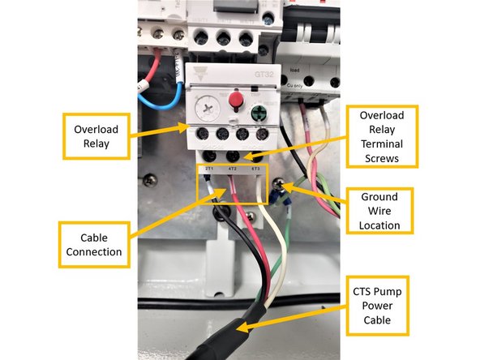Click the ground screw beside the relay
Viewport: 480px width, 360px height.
[x=279, y=187]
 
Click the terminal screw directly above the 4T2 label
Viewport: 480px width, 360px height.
[x=234, y=153]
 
